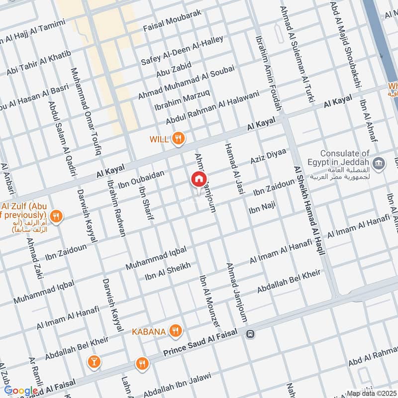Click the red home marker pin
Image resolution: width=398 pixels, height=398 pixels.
coord(199,180)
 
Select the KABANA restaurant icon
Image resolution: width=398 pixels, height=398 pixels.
coord(175,330)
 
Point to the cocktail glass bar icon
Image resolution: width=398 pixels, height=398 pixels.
coord(93,362)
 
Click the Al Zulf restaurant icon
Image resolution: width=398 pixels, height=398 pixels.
coord(57,217)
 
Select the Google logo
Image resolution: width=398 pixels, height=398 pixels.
coord(21,391)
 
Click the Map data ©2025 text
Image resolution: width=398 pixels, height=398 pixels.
coord(372,394)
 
